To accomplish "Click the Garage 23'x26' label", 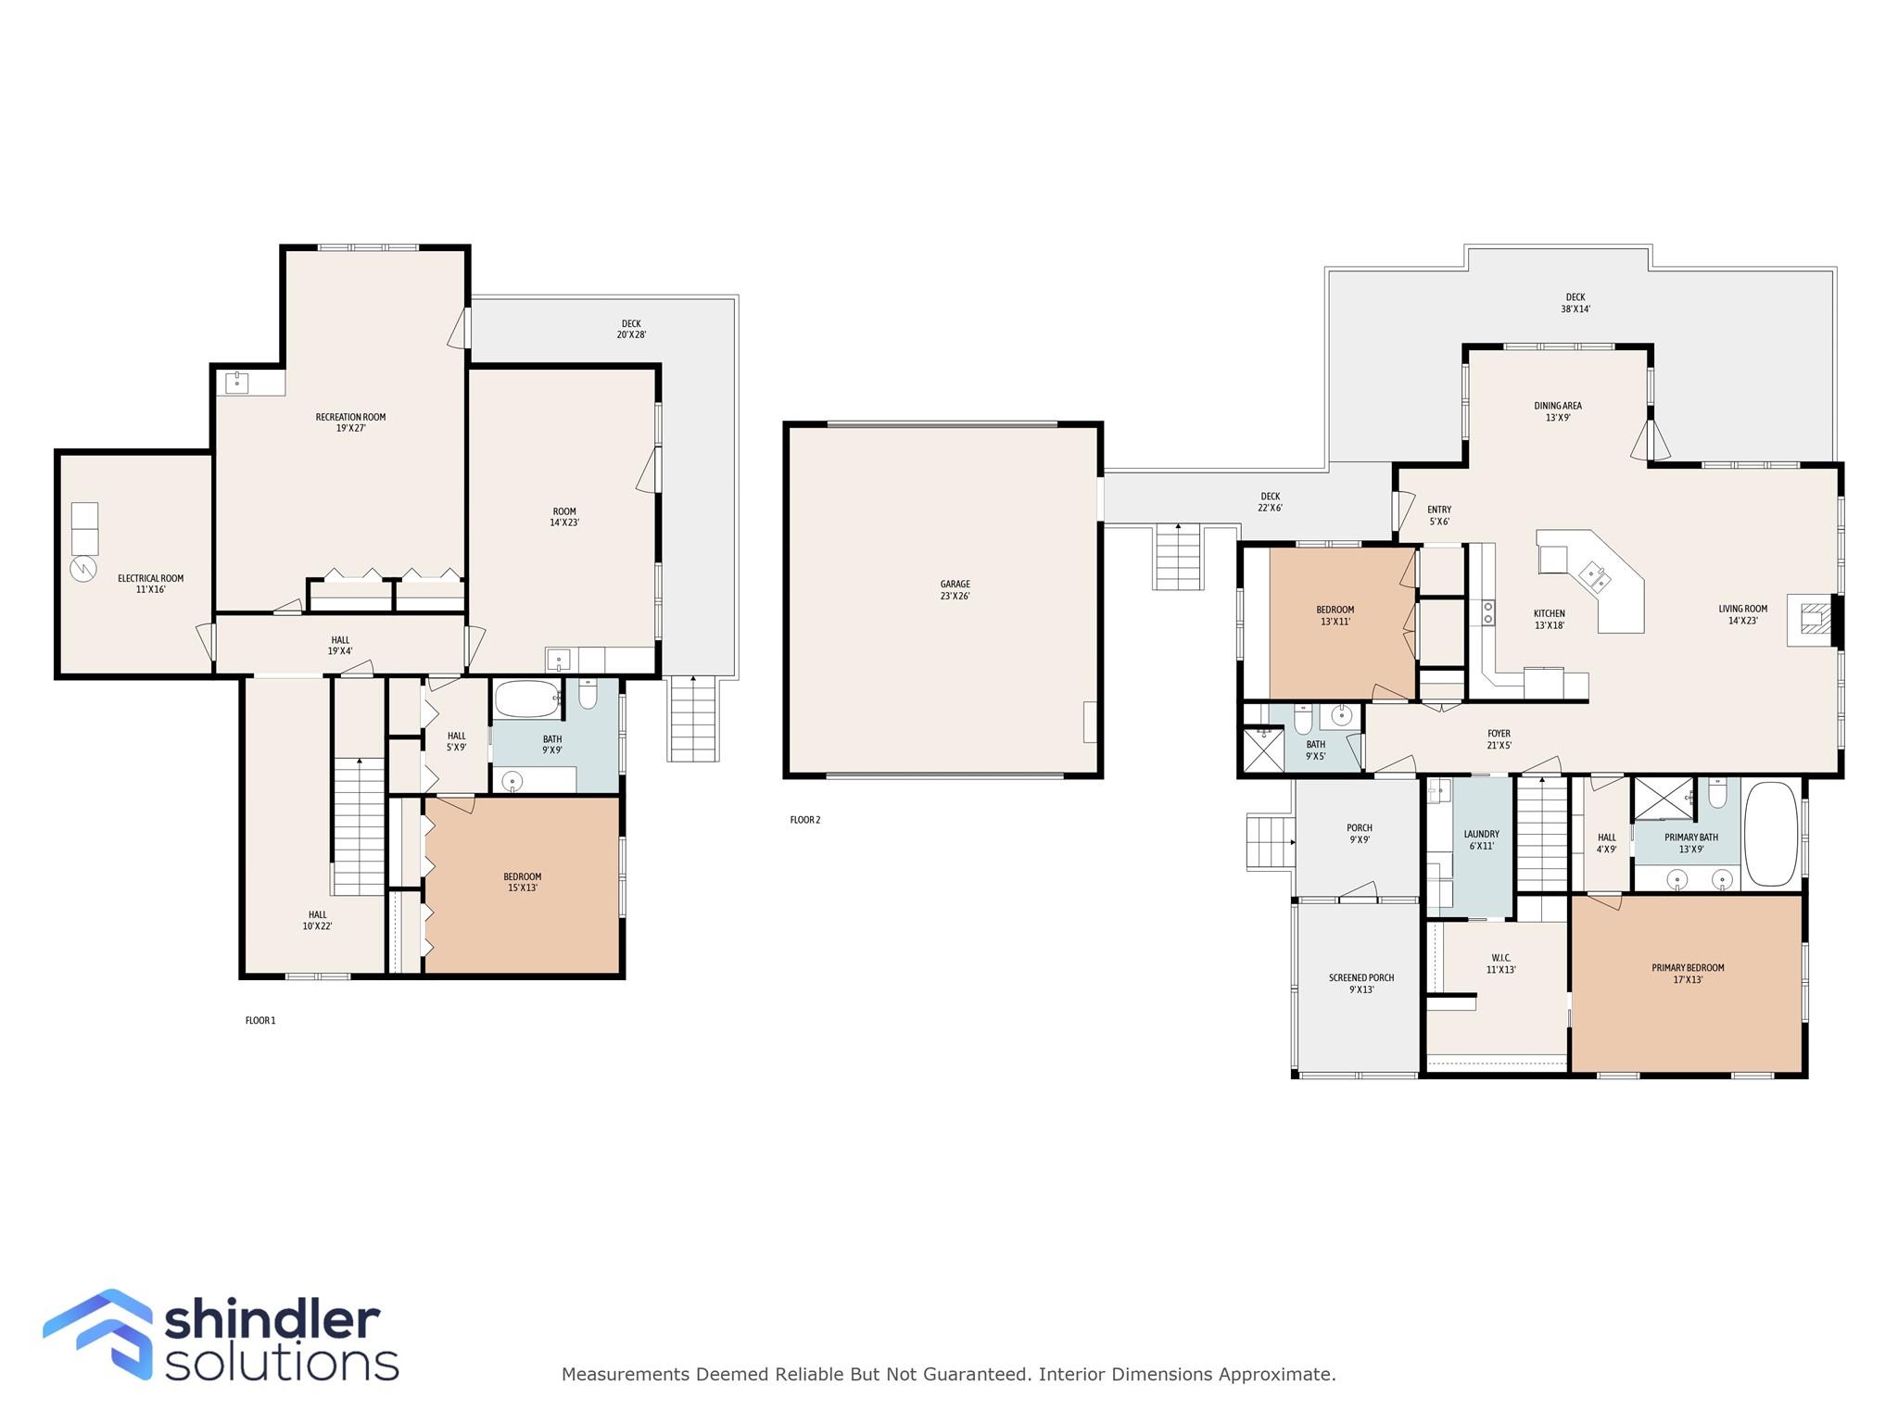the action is (x=955, y=590).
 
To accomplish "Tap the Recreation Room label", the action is (x=350, y=417).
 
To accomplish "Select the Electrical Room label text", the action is (x=150, y=578).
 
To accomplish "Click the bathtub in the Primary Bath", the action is (x=1771, y=835).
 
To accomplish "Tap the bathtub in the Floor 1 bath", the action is (x=526, y=699).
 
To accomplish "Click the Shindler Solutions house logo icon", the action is (x=98, y=1334).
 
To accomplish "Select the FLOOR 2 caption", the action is (x=804, y=820).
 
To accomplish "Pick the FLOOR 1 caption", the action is (x=260, y=1021).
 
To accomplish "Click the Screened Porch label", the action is (x=1361, y=977).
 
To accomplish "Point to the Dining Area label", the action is (x=1558, y=406).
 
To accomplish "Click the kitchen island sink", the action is (x=1595, y=576).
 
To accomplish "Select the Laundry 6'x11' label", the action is (x=1481, y=840).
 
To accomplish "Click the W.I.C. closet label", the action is (x=1501, y=958).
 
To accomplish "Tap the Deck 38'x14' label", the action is (x=1575, y=304).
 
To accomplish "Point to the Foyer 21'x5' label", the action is (x=1499, y=739).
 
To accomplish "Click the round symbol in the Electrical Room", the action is (x=83, y=568).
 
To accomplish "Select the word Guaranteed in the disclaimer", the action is (x=981, y=1375).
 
